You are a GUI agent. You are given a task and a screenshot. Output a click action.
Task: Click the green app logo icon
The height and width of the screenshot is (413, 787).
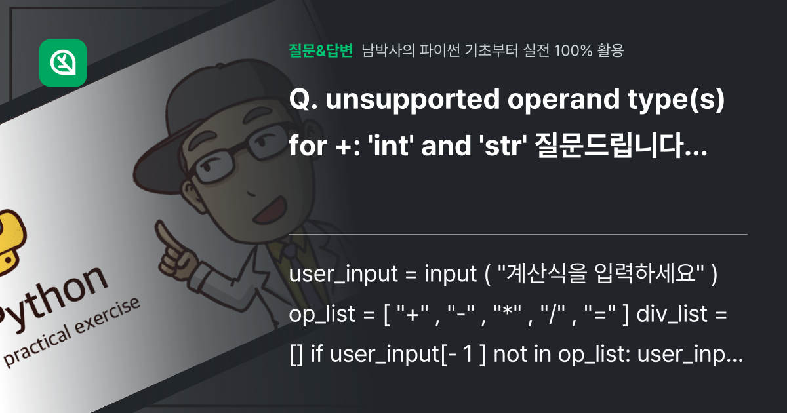pos(63,63)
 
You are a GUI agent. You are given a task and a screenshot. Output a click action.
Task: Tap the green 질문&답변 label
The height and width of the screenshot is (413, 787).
pos(321,50)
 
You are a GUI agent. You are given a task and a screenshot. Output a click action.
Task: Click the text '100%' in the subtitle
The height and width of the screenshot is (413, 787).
pos(572,50)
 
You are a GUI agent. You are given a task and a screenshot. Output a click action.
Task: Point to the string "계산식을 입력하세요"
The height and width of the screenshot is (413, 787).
pos(603,276)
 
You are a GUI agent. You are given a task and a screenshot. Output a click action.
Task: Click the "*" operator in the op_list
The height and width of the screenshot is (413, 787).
pos(506,315)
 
